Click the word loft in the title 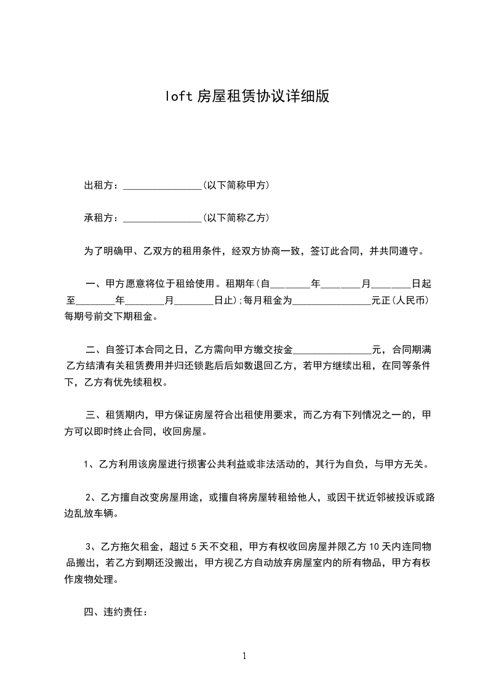[x=178, y=96]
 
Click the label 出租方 [x=97, y=185]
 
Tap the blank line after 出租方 [x=162, y=187]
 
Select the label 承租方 [x=97, y=218]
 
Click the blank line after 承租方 [x=162, y=219]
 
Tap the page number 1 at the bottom [x=244, y=656]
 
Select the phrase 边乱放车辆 [x=92, y=513]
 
